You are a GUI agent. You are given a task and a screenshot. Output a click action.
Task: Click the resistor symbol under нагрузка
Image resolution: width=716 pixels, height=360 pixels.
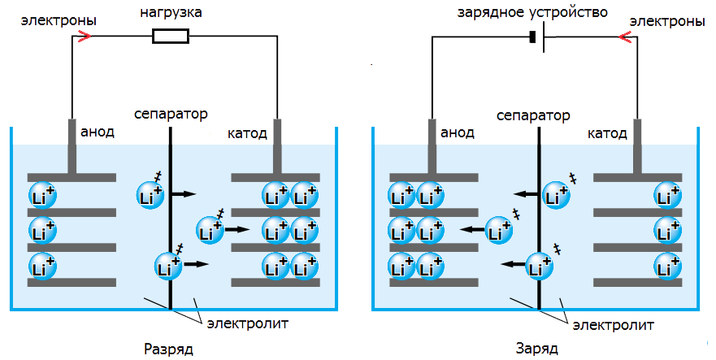(x=171, y=36)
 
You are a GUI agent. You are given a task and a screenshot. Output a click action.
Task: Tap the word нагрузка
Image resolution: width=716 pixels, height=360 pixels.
(x=171, y=13)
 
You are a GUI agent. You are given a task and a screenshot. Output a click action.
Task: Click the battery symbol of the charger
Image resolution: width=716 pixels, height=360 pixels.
(x=537, y=37)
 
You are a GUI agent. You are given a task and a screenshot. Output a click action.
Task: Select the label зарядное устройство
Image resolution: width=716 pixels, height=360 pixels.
(x=532, y=13)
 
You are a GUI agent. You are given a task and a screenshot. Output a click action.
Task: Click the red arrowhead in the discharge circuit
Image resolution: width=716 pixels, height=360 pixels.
(x=85, y=36)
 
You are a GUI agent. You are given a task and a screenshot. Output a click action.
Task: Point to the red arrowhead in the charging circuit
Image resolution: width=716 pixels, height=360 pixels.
(x=624, y=37)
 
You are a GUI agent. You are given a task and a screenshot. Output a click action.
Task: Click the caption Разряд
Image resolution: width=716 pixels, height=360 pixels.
(x=168, y=349)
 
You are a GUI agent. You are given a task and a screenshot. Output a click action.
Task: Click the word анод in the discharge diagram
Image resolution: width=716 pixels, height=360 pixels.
(x=98, y=132)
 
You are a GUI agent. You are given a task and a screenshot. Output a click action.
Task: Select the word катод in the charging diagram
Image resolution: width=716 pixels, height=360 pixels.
(x=607, y=133)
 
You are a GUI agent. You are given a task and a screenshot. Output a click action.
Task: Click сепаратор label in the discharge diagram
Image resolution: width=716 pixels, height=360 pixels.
(x=171, y=114)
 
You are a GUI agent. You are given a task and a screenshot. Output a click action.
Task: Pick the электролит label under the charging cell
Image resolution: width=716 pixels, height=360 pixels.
(x=614, y=325)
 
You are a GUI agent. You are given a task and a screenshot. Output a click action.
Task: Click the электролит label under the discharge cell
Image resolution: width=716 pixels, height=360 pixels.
(x=248, y=323)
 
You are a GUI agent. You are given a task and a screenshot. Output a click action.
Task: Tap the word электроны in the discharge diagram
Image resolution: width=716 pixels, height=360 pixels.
(x=59, y=20)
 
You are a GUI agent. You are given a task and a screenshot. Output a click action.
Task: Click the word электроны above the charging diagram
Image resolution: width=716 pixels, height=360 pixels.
(x=667, y=21)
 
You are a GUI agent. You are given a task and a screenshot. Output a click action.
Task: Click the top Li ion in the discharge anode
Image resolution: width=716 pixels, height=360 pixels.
(x=42, y=196)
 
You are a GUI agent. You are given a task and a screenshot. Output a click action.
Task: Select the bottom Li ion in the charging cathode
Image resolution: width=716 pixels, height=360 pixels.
(x=667, y=266)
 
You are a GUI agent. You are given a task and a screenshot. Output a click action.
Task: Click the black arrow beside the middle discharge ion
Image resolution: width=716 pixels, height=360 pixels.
(x=237, y=229)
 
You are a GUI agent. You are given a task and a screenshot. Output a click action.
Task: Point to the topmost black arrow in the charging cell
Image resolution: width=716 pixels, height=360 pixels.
(x=526, y=194)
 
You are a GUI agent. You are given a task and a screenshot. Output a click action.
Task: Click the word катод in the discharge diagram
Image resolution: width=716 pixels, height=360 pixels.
(x=247, y=133)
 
